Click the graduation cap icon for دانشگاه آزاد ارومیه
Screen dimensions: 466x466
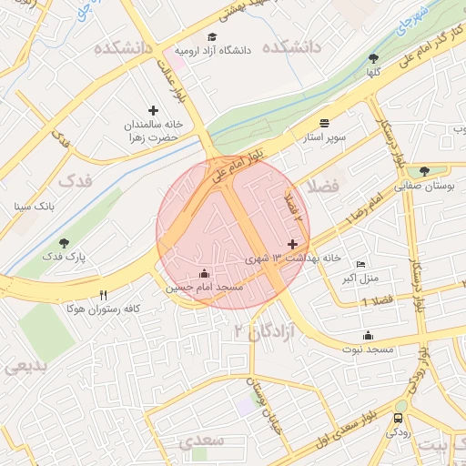212,37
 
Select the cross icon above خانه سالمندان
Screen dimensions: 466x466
153,110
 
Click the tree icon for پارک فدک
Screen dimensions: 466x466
64,242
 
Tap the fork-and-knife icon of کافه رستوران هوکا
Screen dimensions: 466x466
103,296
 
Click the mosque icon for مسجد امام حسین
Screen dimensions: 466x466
204,273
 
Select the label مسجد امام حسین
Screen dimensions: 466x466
204,288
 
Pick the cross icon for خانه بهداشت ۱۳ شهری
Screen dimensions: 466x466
292,244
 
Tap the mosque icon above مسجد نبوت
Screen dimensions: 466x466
368,335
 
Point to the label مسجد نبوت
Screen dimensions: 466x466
368,349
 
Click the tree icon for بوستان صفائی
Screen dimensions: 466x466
425,170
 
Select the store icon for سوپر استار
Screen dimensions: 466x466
325,122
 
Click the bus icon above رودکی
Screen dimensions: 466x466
398,419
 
